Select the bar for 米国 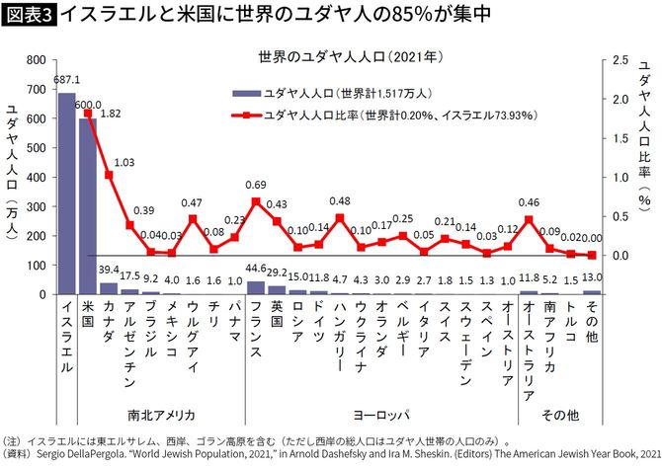click(87, 206)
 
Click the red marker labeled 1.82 click(88, 114)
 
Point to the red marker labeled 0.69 click(256, 201)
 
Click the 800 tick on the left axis click(35, 60)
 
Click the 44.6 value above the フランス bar click(256, 270)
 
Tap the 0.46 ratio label click(529, 202)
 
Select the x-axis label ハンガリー click(340, 336)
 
